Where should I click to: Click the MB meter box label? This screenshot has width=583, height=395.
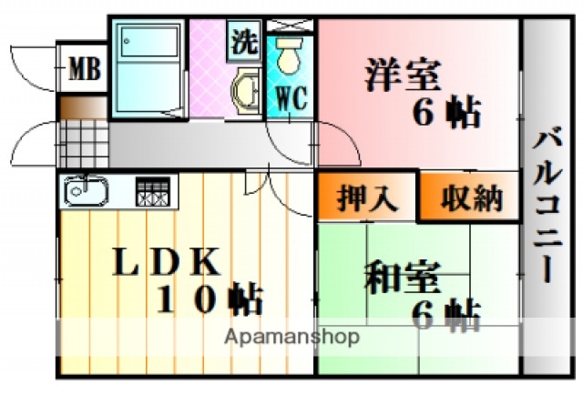click(83, 68)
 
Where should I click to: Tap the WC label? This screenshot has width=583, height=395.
click(290, 96)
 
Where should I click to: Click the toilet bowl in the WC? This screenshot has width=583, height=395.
click(290, 58)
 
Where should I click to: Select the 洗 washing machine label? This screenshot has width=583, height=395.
click(242, 40)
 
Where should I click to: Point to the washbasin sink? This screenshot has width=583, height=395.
click(244, 91)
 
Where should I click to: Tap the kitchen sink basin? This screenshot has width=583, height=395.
click(84, 192)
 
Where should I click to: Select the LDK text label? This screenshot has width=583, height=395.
click(166, 262)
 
